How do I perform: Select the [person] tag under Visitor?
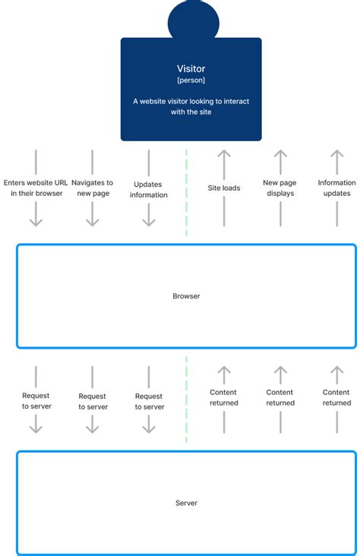[x=191, y=79]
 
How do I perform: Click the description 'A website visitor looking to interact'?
[x=191, y=100]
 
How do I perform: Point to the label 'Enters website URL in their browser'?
[x=36, y=188]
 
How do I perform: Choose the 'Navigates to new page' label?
[x=92, y=188]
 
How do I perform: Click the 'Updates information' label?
[x=149, y=189]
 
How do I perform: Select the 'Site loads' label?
[x=224, y=188]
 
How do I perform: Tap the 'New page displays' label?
[x=280, y=188]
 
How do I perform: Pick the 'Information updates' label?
[x=336, y=188]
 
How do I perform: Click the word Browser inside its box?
[x=186, y=296]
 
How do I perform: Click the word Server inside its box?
[x=186, y=503]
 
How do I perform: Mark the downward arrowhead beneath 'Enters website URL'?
[x=36, y=221]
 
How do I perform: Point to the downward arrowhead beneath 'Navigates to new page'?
[x=92, y=221]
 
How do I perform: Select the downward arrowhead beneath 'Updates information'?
[x=149, y=221]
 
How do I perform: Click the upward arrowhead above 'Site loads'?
[x=224, y=154]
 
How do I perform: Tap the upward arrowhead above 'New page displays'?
[x=280, y=154]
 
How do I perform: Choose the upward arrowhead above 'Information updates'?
[x=336, y=154]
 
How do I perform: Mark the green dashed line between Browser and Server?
[x=186, y=399]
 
